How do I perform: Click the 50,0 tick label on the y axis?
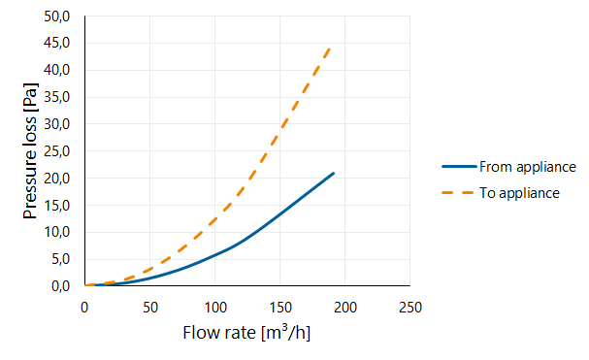[56, 16]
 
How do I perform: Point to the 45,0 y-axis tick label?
[56, 44]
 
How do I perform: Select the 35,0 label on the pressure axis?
[56, 97]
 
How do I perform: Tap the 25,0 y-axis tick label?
[56, 151]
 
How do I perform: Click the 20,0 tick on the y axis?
[56, 179]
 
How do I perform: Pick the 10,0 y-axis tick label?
[56, 232]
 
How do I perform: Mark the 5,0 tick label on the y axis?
[60, 259]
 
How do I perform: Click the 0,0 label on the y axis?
[60, 286]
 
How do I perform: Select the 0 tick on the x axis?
[84, 308]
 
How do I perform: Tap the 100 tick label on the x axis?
[215, 308]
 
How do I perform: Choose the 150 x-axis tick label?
[280, 308]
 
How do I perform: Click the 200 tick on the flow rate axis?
[345, 308]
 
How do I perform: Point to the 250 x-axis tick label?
[410, 308]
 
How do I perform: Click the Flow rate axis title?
[246, 333]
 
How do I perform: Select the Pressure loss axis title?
[30, 151]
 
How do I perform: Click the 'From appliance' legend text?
[528, 167]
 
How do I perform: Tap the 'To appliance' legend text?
[519, 193]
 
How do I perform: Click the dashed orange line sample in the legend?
[458, 193]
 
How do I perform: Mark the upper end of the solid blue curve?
[334, 174]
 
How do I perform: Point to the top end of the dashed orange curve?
[330, 49]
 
